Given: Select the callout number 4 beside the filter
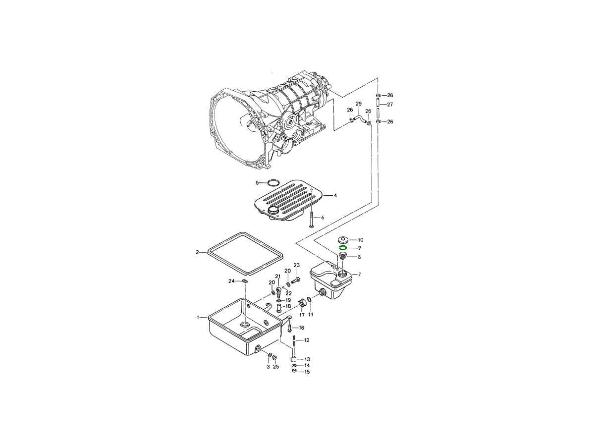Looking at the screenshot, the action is pyautogui.click(x=335, y=195).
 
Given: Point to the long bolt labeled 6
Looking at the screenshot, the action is pyautogui.click(x=311, y=220).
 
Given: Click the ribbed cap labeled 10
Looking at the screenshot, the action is pyautogui.click(x=343, y=240).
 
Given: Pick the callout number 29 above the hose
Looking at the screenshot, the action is pyautogui.click(x=359, y=104).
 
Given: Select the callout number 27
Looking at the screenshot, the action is pyautogui.click(x=390, y=105).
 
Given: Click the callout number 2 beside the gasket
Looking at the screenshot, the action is pyautogui.click(x=198, y=252).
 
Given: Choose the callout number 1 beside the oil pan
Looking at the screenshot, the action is pyautogui.click(x=198, y=317).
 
